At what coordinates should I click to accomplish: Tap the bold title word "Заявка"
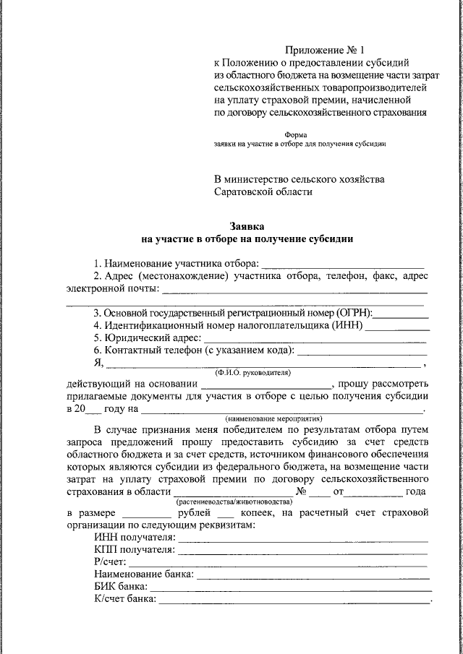247,226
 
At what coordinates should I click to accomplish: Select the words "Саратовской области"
263,192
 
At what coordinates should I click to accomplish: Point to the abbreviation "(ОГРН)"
354,313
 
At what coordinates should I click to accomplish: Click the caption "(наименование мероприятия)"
273,419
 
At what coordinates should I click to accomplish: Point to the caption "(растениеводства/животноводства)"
229,501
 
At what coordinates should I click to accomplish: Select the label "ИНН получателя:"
135,538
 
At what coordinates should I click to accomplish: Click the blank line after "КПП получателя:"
303,550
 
